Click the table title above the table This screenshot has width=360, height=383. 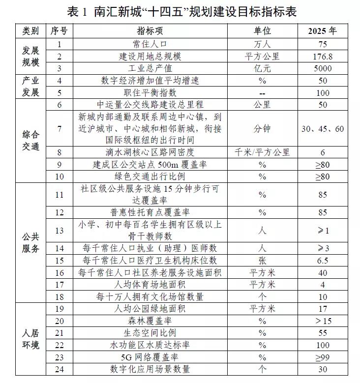click(180, 11)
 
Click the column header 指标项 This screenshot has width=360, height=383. click(150, 30)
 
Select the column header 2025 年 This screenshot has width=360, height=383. click(322, 30)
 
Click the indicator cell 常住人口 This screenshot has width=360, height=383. click(150, 44)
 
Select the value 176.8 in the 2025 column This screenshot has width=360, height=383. click(322, 56)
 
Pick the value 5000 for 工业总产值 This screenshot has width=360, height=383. click(322, 68)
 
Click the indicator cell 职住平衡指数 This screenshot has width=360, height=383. click(150, 92)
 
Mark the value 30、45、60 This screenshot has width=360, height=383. click(322, 129)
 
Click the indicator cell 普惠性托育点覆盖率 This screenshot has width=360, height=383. click(150, 212)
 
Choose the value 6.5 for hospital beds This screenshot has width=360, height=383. click(322, 261)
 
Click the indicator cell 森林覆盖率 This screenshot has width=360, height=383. click(150, 321)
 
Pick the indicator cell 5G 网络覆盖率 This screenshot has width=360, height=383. click(150, 356)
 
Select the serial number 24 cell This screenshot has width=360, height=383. click(60, 369)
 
